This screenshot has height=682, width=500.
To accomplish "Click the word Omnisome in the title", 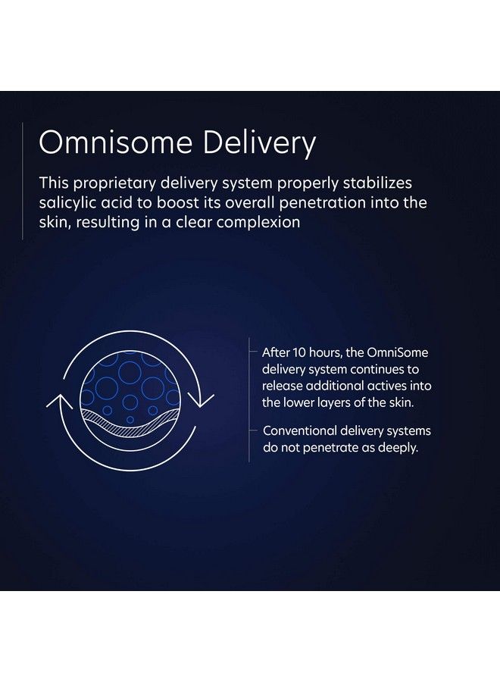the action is pyautogui.click(x=116, y=142).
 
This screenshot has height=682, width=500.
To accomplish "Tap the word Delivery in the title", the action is pyautogui.click(x=259, y=143).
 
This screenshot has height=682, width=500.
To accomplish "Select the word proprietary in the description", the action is pyautogui.click(x=114, y=184).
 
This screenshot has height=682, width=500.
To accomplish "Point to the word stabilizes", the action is pyautogui.click(x=377, y=183).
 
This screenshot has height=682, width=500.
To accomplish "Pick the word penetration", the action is pyautogui.click(x=323, y=203).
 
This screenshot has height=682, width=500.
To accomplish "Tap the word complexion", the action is pyautogui.click(x=258, y=223).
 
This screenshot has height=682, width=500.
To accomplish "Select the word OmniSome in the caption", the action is pyautogui.click(x=398, y=352).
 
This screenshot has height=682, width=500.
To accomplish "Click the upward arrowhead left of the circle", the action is pyautogui.click(x=60, y=401).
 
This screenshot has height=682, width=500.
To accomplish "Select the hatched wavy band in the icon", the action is pyautogui.click(x=130, y=423).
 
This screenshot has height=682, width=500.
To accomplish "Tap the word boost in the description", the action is pyautogui.click(x=178, y=203).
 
